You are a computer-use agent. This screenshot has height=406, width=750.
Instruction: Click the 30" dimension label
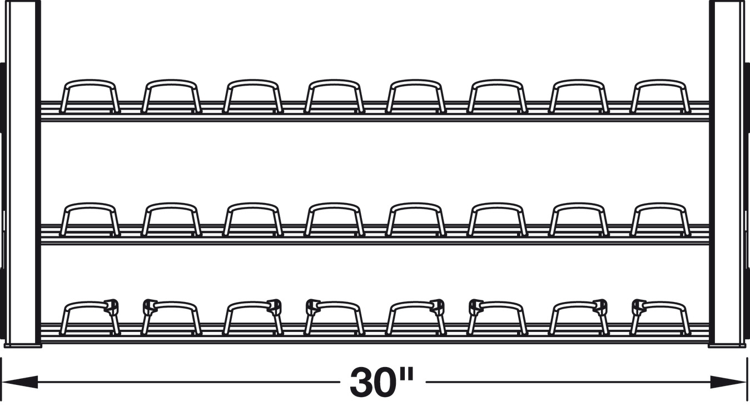(x=382, y=382)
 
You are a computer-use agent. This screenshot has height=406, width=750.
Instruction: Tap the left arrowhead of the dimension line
(x=19, y=382)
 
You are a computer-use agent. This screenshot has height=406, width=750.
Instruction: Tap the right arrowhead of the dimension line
(x=728, y=382)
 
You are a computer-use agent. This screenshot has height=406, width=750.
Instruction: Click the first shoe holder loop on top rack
(x=90, y=82)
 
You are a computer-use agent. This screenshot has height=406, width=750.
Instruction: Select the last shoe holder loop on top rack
(x=660, y=82)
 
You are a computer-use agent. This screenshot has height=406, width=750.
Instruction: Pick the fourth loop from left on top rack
(x=334, y=82)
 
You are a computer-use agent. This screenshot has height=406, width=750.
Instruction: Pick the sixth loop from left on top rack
(x=497, y=82)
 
